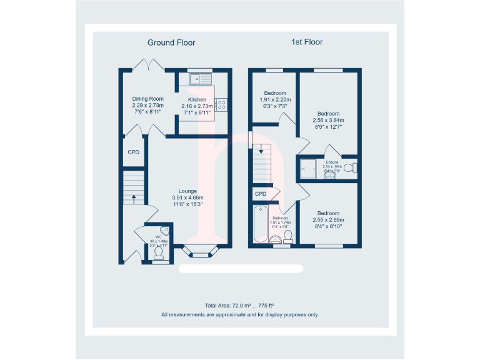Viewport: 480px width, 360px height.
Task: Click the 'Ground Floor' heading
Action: click(x=171, y=42)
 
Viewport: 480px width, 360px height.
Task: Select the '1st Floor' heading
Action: click(x=307, y=42)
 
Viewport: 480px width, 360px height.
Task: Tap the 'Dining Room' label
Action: click(x=147, y=99)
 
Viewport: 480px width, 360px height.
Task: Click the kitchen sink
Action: click(x=202, y=79)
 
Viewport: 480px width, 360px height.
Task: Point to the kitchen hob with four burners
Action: click(x=221, y=106)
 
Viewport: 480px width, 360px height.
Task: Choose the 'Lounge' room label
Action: click(x=187, y=191)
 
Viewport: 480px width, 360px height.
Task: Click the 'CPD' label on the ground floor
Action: click(x=133, y=152)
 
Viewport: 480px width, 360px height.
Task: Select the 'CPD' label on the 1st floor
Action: click(x=261, y=194)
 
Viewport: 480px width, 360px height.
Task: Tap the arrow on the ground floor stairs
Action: click(x=133, y=200)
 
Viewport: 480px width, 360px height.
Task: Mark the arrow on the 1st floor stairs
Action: click(x=261, y=151)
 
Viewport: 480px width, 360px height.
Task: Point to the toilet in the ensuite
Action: click(x=354, y=167)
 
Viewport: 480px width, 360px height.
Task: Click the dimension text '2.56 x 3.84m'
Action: click(x=327, y=121)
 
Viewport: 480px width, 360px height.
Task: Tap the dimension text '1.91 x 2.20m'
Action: click(x=275, y=99)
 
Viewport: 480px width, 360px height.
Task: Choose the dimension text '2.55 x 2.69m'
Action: click(x=328, y=220)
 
